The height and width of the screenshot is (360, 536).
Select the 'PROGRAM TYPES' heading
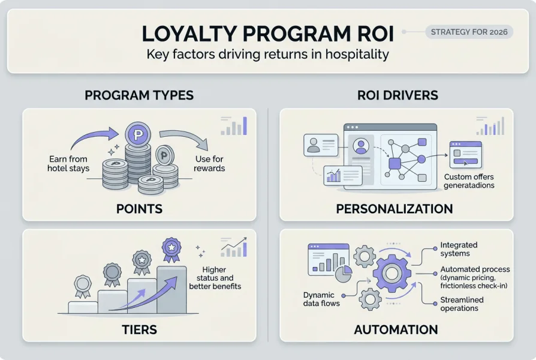[139, 95]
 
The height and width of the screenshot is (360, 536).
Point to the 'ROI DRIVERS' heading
[398, 95]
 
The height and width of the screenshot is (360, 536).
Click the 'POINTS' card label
[139, 209]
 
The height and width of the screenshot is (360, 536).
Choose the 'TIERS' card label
[139, 329]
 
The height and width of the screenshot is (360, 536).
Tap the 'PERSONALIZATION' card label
[395, 209]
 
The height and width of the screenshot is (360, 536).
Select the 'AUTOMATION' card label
[396, 329]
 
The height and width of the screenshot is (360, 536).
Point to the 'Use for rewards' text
[209, 164]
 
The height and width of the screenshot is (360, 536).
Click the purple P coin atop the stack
[138, 134]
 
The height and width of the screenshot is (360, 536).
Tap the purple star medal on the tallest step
[171, 247]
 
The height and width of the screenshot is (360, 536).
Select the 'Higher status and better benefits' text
[215, 278]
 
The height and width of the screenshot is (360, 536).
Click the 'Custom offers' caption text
[469, 181]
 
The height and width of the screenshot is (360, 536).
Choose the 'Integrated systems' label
[459, 249]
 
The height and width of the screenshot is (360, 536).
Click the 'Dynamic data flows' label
[321, 299]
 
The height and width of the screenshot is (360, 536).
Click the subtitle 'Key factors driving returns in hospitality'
[267, 54]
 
